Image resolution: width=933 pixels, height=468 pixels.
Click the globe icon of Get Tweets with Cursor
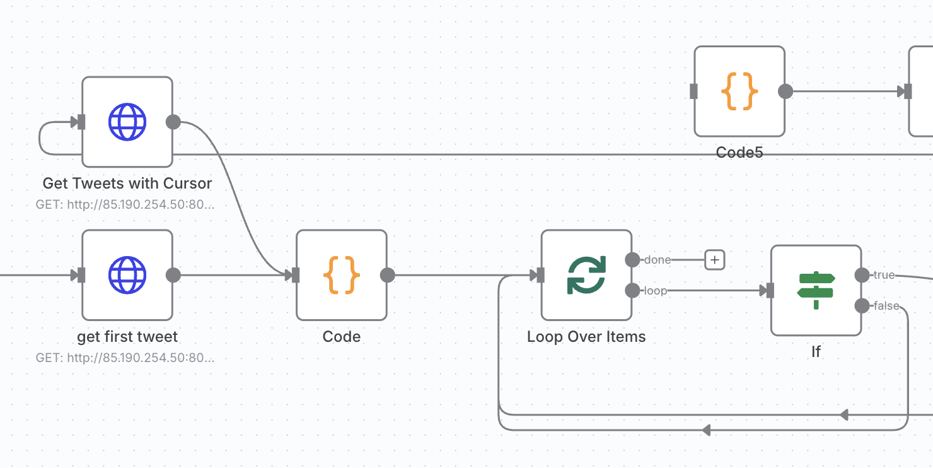127,122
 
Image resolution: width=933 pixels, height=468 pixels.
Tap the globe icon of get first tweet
127,275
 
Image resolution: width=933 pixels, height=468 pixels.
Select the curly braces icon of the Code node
342,275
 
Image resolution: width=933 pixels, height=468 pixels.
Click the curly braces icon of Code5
739,91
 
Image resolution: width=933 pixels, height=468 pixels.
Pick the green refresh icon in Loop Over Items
586,275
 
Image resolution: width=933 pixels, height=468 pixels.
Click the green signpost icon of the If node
816,290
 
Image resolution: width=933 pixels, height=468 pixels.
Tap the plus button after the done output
715,260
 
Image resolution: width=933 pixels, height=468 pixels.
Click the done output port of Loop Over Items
632,260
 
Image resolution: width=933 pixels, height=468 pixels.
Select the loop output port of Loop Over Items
632,291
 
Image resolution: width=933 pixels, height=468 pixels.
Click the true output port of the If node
862,275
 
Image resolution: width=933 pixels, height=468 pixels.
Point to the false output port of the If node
862,306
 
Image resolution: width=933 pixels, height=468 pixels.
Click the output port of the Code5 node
785,91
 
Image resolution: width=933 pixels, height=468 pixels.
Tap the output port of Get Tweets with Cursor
173,122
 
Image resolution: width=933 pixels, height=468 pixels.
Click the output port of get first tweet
173,275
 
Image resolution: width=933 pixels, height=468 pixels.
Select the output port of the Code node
387,275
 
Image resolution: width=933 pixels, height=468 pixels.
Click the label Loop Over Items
586,336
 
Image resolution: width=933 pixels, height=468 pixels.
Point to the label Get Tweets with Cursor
127,184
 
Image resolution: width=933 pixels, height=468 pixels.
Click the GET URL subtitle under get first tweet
125,358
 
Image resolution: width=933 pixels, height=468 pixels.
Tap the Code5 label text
739,153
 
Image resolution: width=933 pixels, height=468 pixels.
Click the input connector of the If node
770,291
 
